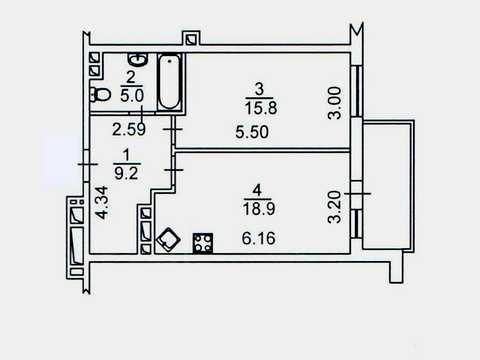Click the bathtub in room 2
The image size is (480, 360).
tap(169, 82)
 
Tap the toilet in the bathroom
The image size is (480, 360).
tap(100, 95)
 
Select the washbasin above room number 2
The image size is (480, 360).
tap(138, 59)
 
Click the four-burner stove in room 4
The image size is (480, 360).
tap(203, 243)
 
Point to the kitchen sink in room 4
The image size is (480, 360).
tap(169, 239)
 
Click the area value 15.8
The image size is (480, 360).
tap(261, 108)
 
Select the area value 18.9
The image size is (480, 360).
tap(259, 209)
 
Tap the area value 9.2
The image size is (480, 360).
tap(126, 173)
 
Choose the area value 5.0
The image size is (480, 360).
tap(132, 96)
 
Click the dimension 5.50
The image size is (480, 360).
tap(252, 132)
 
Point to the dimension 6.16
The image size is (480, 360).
tap(258, 238)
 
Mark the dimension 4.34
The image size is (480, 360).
tap(102, 203)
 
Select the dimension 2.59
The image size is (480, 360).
tap(129, 129)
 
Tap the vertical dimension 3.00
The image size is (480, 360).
tap(335, 103)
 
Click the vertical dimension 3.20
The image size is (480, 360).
tap(335, 207)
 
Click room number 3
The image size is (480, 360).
tap(259, 89)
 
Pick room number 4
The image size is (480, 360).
tap(257, 191)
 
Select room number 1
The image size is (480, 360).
tap(126, 155)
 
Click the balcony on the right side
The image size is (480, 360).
tap(389, 186)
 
